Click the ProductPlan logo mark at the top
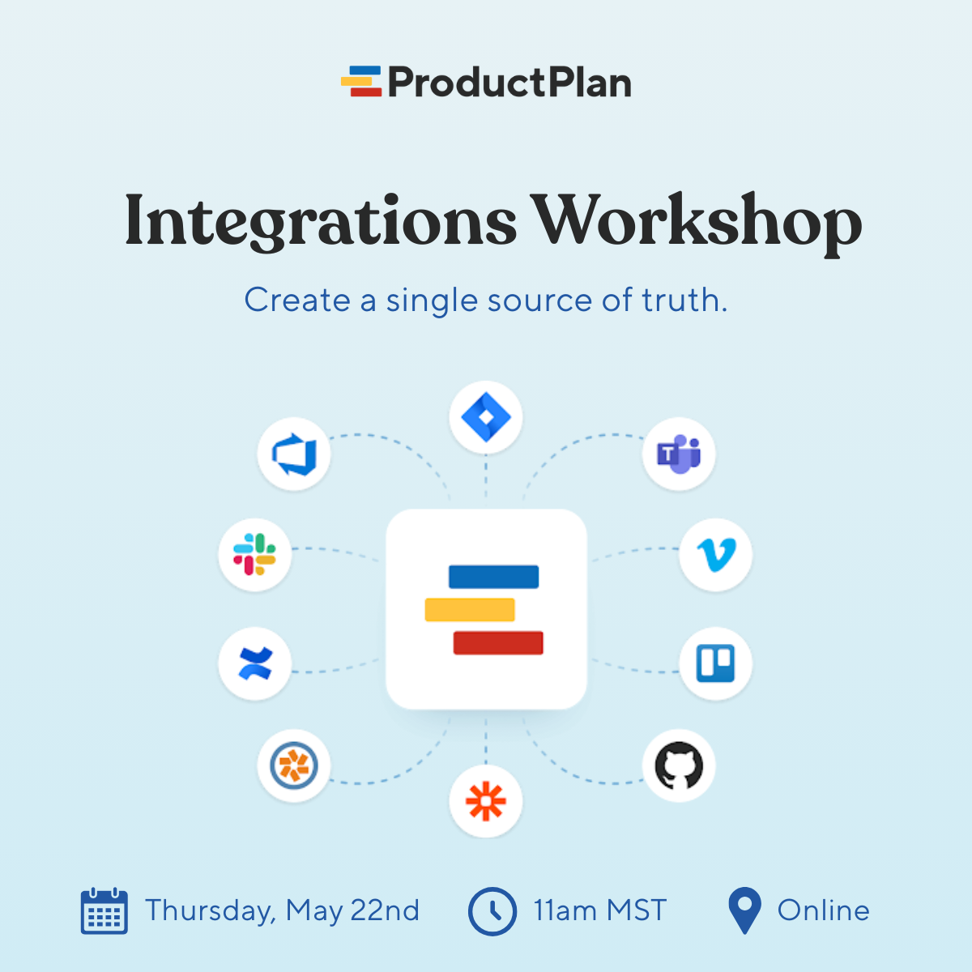click(x=361, y=82)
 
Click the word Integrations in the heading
click(x=320, y=221)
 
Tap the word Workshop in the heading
click(x=696, y=221)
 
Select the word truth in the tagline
click(x=684, y=301)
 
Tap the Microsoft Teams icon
click(x=679, y=454)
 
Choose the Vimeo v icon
click(x=716, y=555)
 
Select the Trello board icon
click(x=716, y=663)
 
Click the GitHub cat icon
click(x=679, y=765)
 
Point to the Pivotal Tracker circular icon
click(x=293, y=765)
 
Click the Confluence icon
click(x=255, y=663)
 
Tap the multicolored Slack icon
click(x=255, y=555)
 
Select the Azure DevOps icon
click(x=293, y=454)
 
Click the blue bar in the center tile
click(x=493, y=577)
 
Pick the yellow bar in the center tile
click(x=470, y=609)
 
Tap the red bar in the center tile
click(x=497, y=642)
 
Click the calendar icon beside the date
click(x=104, y=911)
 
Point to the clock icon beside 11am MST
click(x=492, y=911)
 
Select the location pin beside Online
click(x=744, y=910)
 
